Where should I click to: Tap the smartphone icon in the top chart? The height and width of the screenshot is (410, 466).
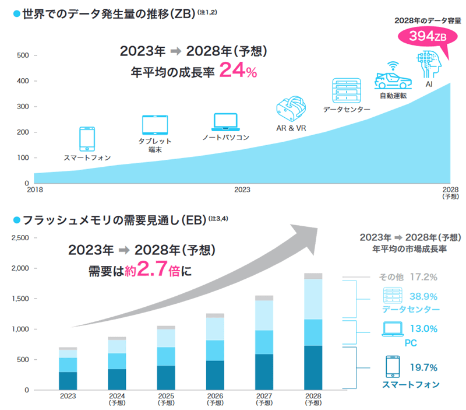pyautogui.click(x=87, y=139)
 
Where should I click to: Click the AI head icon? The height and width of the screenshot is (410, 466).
pyautogui.click(x=428, y=65)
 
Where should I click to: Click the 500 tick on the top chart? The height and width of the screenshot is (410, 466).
pyautogui.click(x=22, y=56)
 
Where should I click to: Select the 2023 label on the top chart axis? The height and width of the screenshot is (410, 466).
pyautogui.click(x=242, y=190)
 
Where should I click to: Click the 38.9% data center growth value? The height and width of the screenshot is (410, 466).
pyautogui.click(x=421, y=297)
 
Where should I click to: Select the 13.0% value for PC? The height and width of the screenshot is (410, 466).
pyautogui.click(x=422, y=329)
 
